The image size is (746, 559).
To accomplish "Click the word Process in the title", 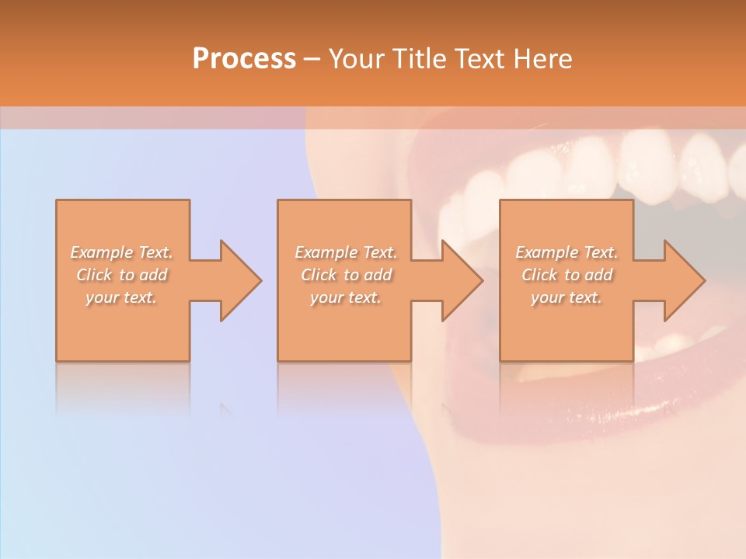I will click(244, 59).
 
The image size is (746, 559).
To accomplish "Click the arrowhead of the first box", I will click(237, 280).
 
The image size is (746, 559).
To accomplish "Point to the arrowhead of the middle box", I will click(458, 280).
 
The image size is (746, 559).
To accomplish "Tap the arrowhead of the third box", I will click(681, 280).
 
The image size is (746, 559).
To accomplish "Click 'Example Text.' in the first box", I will click(122, 252).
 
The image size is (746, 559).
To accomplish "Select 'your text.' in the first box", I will click(122, 297).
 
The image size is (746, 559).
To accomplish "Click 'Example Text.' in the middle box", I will click(346, 252).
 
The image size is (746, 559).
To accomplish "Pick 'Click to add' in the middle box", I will click(346, 275).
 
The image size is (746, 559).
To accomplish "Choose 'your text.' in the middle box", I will click(346, 297).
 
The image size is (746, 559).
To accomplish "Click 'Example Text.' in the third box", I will click(566, 252).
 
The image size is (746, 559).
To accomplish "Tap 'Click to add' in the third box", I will click(566, 275).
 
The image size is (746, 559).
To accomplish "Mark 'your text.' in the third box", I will click(566, 297).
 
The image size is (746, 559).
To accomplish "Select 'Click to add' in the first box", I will click(122, 275).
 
